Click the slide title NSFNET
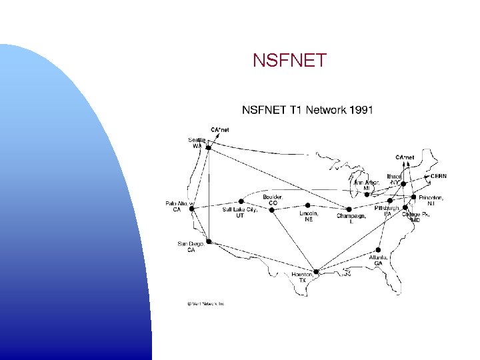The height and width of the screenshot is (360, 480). click(x=290, y=61)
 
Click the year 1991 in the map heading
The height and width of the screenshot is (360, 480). click(x=360, y=109)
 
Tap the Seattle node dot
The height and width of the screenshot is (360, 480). click(x=208, y=147)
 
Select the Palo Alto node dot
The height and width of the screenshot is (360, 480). click(x=192, y=209)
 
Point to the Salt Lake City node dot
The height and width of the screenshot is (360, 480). click(x=239, y=201)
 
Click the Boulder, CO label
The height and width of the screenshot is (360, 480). click(x=273, y=199)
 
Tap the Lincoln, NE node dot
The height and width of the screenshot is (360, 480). click(x=307, y=205)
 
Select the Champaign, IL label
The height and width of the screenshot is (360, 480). click(x=351, y=219)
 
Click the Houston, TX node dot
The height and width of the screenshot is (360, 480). click(x=317, y=271)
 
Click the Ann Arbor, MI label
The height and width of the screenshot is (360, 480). click(x=366, y=185)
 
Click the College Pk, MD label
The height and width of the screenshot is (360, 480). click(x=415, y=217)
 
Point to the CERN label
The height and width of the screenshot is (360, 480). click(x=438, y=176)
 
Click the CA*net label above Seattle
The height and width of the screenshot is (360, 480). click(x=220, y=130)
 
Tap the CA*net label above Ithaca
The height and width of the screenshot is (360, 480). click(x=405, y=157)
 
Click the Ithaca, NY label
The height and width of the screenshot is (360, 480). click(x=394, y=179)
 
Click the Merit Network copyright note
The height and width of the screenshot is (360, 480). click(x=205, y=303)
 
